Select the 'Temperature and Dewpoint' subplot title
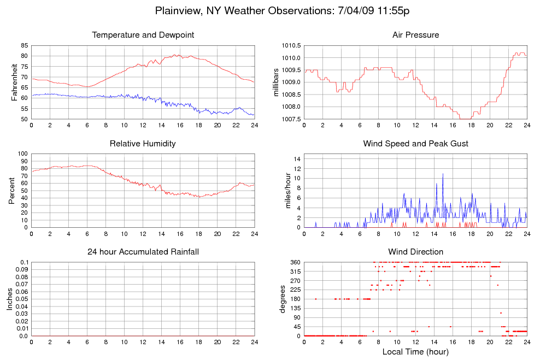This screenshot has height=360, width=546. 143,35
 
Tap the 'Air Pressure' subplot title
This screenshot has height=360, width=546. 415,35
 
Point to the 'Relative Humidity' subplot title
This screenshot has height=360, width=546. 143,144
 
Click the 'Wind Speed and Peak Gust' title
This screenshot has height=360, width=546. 415,144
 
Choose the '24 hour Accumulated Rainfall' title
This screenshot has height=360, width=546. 143,252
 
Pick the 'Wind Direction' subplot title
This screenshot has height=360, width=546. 415,252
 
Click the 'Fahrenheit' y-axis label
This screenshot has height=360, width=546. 15,82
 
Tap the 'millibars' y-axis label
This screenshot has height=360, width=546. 277,82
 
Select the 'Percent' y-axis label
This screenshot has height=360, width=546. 12,191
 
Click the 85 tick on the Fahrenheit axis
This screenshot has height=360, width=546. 24,45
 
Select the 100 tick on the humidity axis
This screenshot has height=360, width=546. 22,154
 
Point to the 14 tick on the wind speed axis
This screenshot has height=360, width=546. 297,159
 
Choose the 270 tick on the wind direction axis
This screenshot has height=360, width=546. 295,281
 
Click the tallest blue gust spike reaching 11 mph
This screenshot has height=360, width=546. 443,174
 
